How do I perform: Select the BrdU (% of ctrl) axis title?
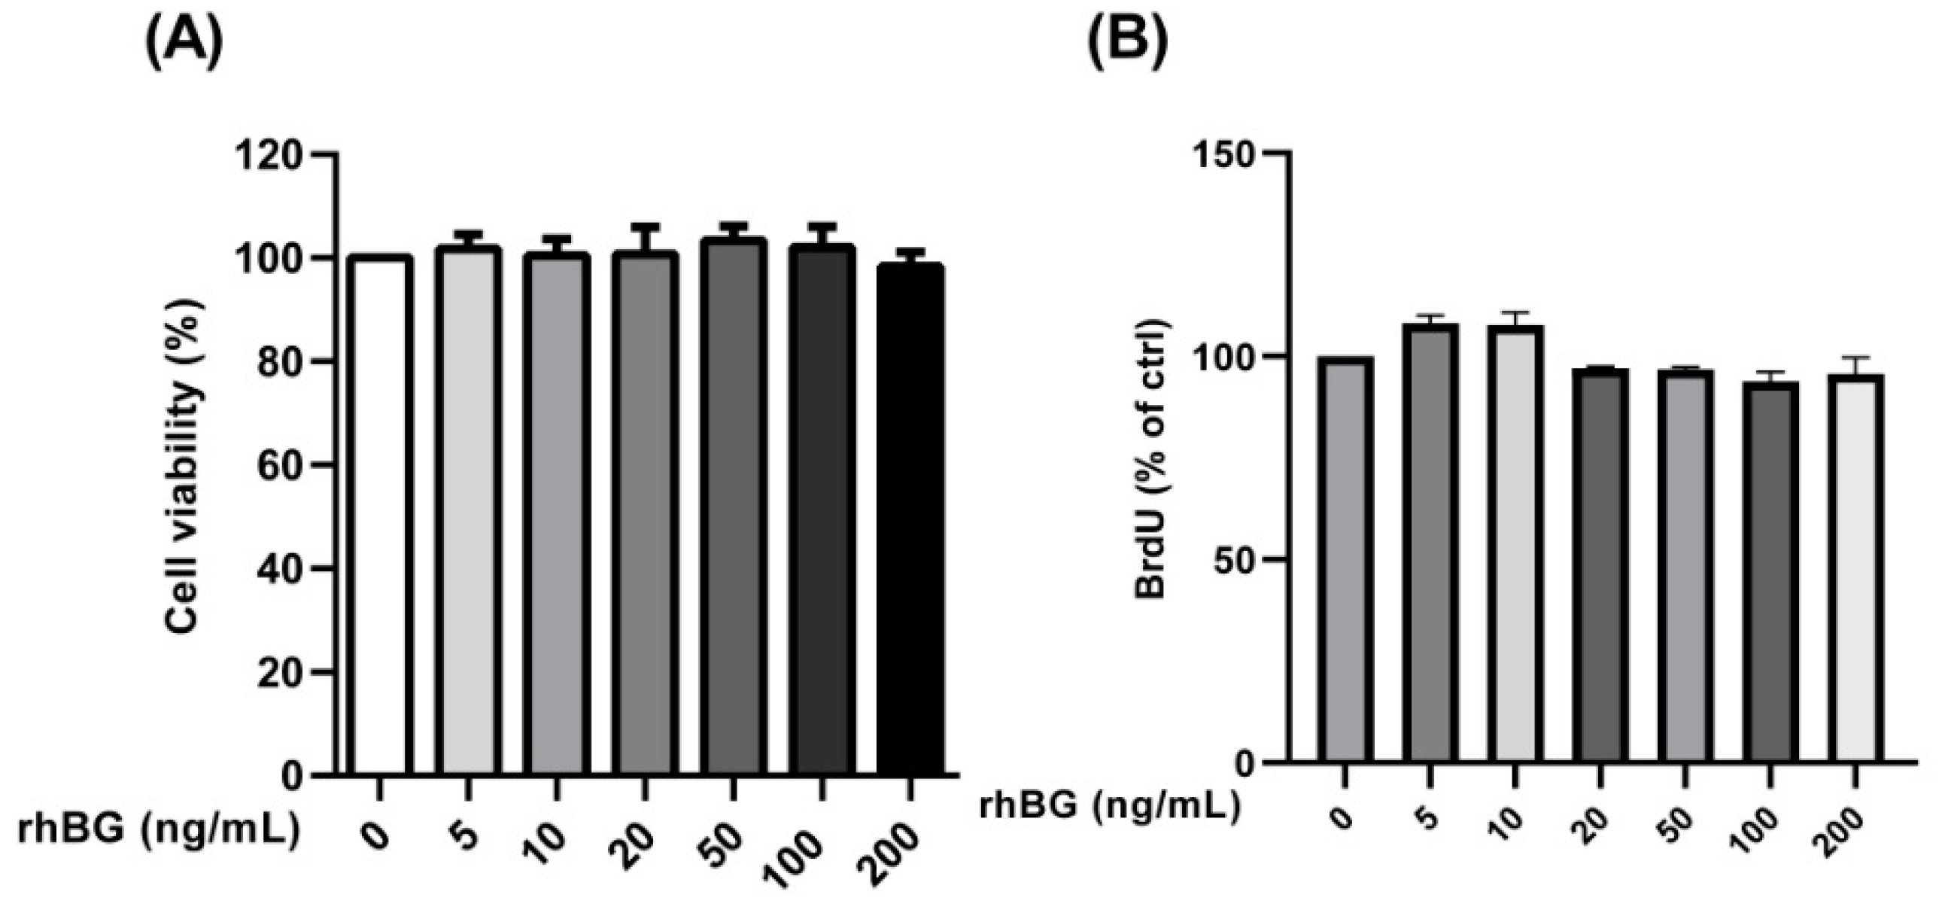[x=1152, y=460]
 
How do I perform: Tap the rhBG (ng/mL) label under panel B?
[x=1110, y=807]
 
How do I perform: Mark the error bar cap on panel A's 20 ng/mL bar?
[x=646, y=227]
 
